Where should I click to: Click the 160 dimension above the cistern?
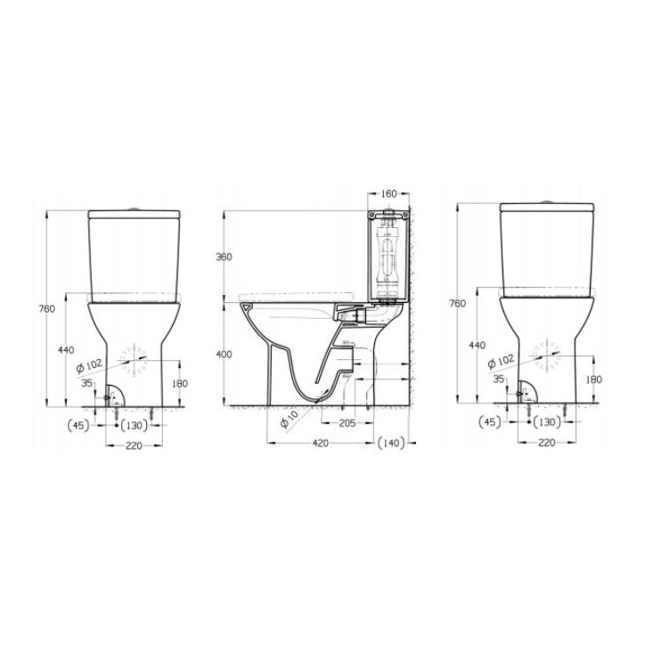(388, 193)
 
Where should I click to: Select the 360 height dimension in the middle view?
(225, 257)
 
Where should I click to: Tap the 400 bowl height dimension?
(225, 355)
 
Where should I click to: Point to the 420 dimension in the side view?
(321, 443)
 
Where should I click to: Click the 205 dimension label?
(347, 423)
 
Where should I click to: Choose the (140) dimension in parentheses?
(391, 443)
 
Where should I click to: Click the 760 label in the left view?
(47, 308)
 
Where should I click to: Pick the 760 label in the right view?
(457, 304)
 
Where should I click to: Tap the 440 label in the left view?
(66, 350)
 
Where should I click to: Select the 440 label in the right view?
(478, 345)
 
